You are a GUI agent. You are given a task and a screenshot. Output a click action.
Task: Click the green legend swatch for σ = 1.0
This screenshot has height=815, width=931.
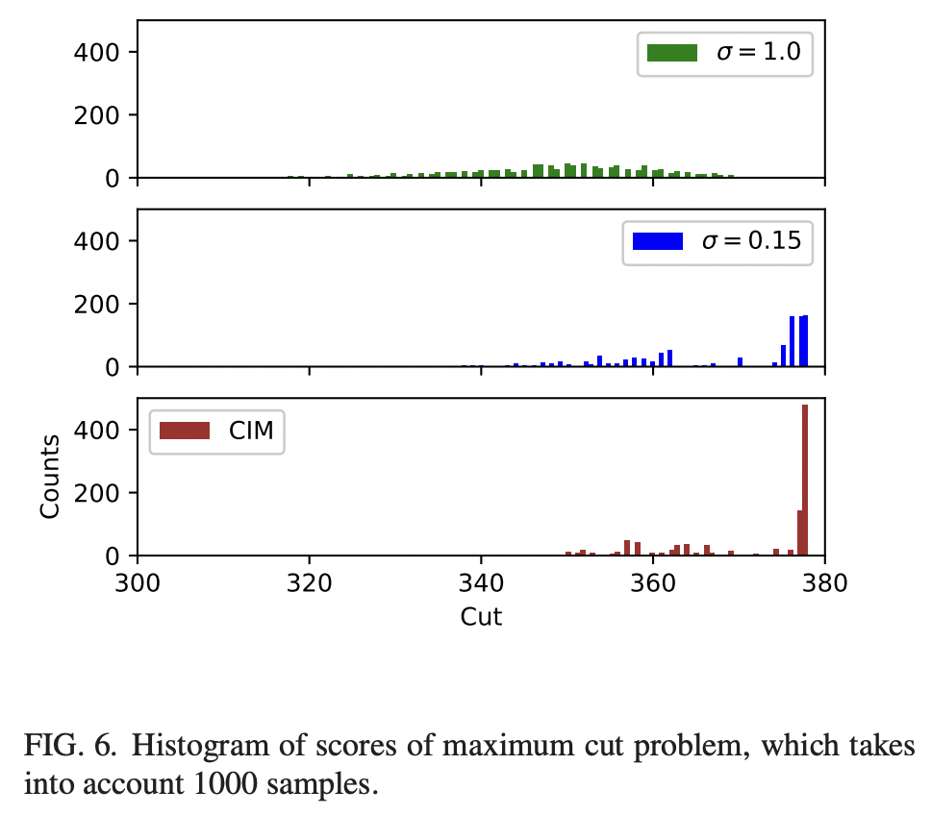tap(671, 54)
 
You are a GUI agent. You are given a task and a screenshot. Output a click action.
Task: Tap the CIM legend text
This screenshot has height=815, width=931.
tap(251, 432)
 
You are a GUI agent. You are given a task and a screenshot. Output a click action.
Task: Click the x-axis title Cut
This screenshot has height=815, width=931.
tap(481, 617)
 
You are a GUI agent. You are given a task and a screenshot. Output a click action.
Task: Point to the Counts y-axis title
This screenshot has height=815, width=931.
tap(51, 477)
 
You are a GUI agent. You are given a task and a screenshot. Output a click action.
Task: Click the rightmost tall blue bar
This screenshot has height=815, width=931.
tap(804, 341)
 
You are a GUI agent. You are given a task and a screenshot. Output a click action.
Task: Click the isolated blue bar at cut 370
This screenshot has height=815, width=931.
tap(740, 362)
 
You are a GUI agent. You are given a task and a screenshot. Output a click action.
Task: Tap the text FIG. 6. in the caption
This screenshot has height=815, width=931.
tap(63, 744)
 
